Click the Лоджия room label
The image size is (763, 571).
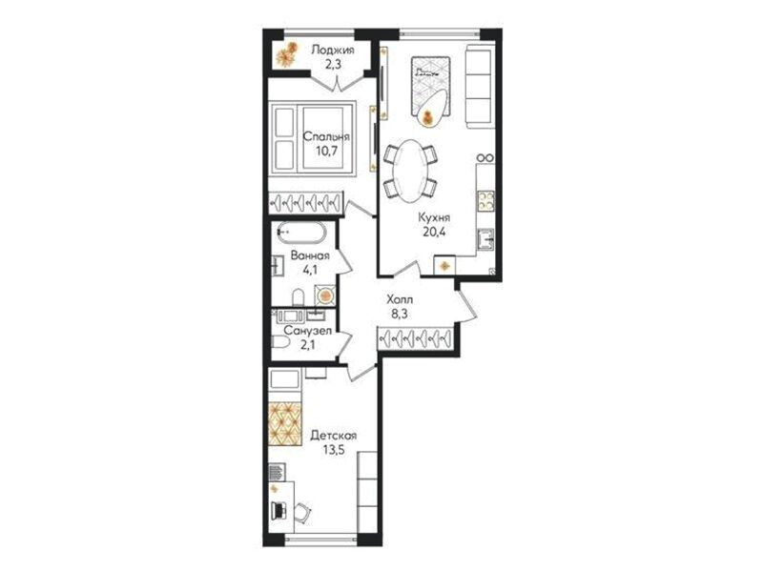(333, 50)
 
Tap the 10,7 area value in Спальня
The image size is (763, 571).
(326, 150)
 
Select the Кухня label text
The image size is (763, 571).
(434, 217)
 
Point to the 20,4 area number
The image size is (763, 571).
(435, 232)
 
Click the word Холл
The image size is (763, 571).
(400, 299)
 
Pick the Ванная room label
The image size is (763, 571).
(310, 255)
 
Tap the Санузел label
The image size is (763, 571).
(307, 331)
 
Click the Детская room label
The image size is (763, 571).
(333, 436)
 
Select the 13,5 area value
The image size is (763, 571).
(333, 449)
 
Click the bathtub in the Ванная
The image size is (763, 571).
(301, 234)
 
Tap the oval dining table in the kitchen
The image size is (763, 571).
(410, 171)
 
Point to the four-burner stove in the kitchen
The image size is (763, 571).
(485, 201)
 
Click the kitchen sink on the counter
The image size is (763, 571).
(485, 239)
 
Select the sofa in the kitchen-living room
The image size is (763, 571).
(481, 87)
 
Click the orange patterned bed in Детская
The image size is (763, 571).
(285, 423)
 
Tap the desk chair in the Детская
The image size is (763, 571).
(302, 512)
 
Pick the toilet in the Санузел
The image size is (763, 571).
(279, 342)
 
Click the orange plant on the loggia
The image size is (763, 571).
(287, 54)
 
